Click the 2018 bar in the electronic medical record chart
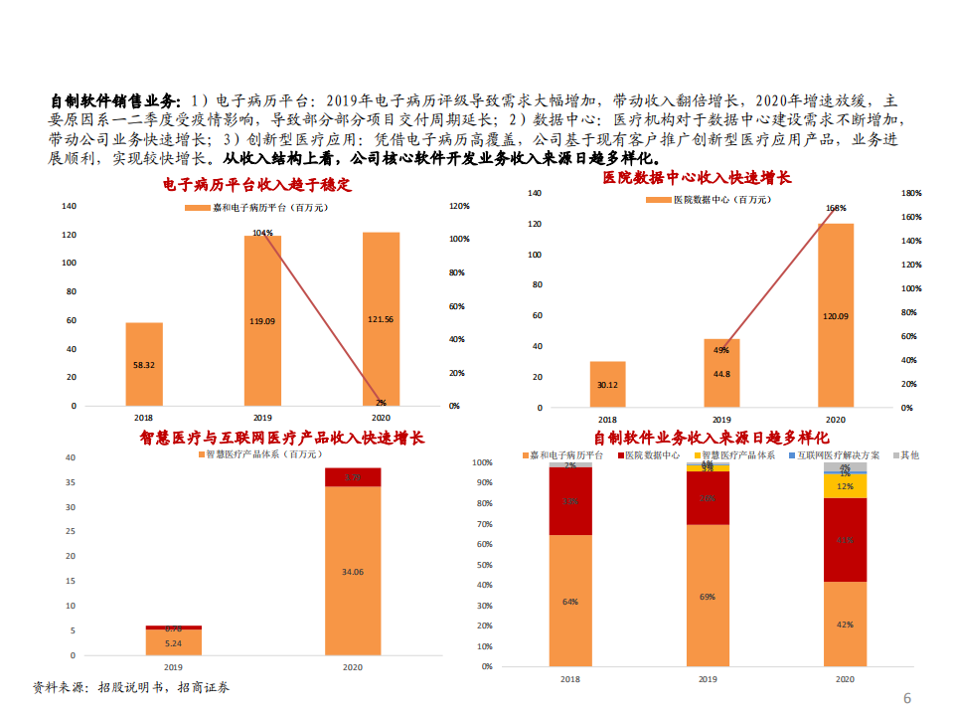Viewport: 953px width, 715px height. (x=144, y=364)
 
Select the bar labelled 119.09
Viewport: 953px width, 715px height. (x=262, y=320)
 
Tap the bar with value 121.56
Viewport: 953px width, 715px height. (x=381, y=318)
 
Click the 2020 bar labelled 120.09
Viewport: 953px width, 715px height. (x=835, y=315)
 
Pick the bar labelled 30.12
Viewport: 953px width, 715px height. (x=607, y=385)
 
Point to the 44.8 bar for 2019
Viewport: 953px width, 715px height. (x=721, y=374)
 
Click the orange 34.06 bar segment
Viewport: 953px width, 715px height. (x=352, y=571)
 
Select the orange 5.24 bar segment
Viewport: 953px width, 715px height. (x=173, y=642)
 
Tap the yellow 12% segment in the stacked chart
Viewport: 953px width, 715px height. (x=845, y=486)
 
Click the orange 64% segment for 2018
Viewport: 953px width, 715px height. (x=570, y=601)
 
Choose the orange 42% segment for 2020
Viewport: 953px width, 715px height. (x=845, y=624)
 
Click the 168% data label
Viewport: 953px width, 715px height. (x=836, y=208)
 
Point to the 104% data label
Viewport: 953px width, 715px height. (x=262, y=233)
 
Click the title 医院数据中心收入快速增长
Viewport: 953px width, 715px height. (x=697, y=177)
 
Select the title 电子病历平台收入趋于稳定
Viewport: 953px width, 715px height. (x=257, y=184)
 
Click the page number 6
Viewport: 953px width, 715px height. (x=907, y=698)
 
